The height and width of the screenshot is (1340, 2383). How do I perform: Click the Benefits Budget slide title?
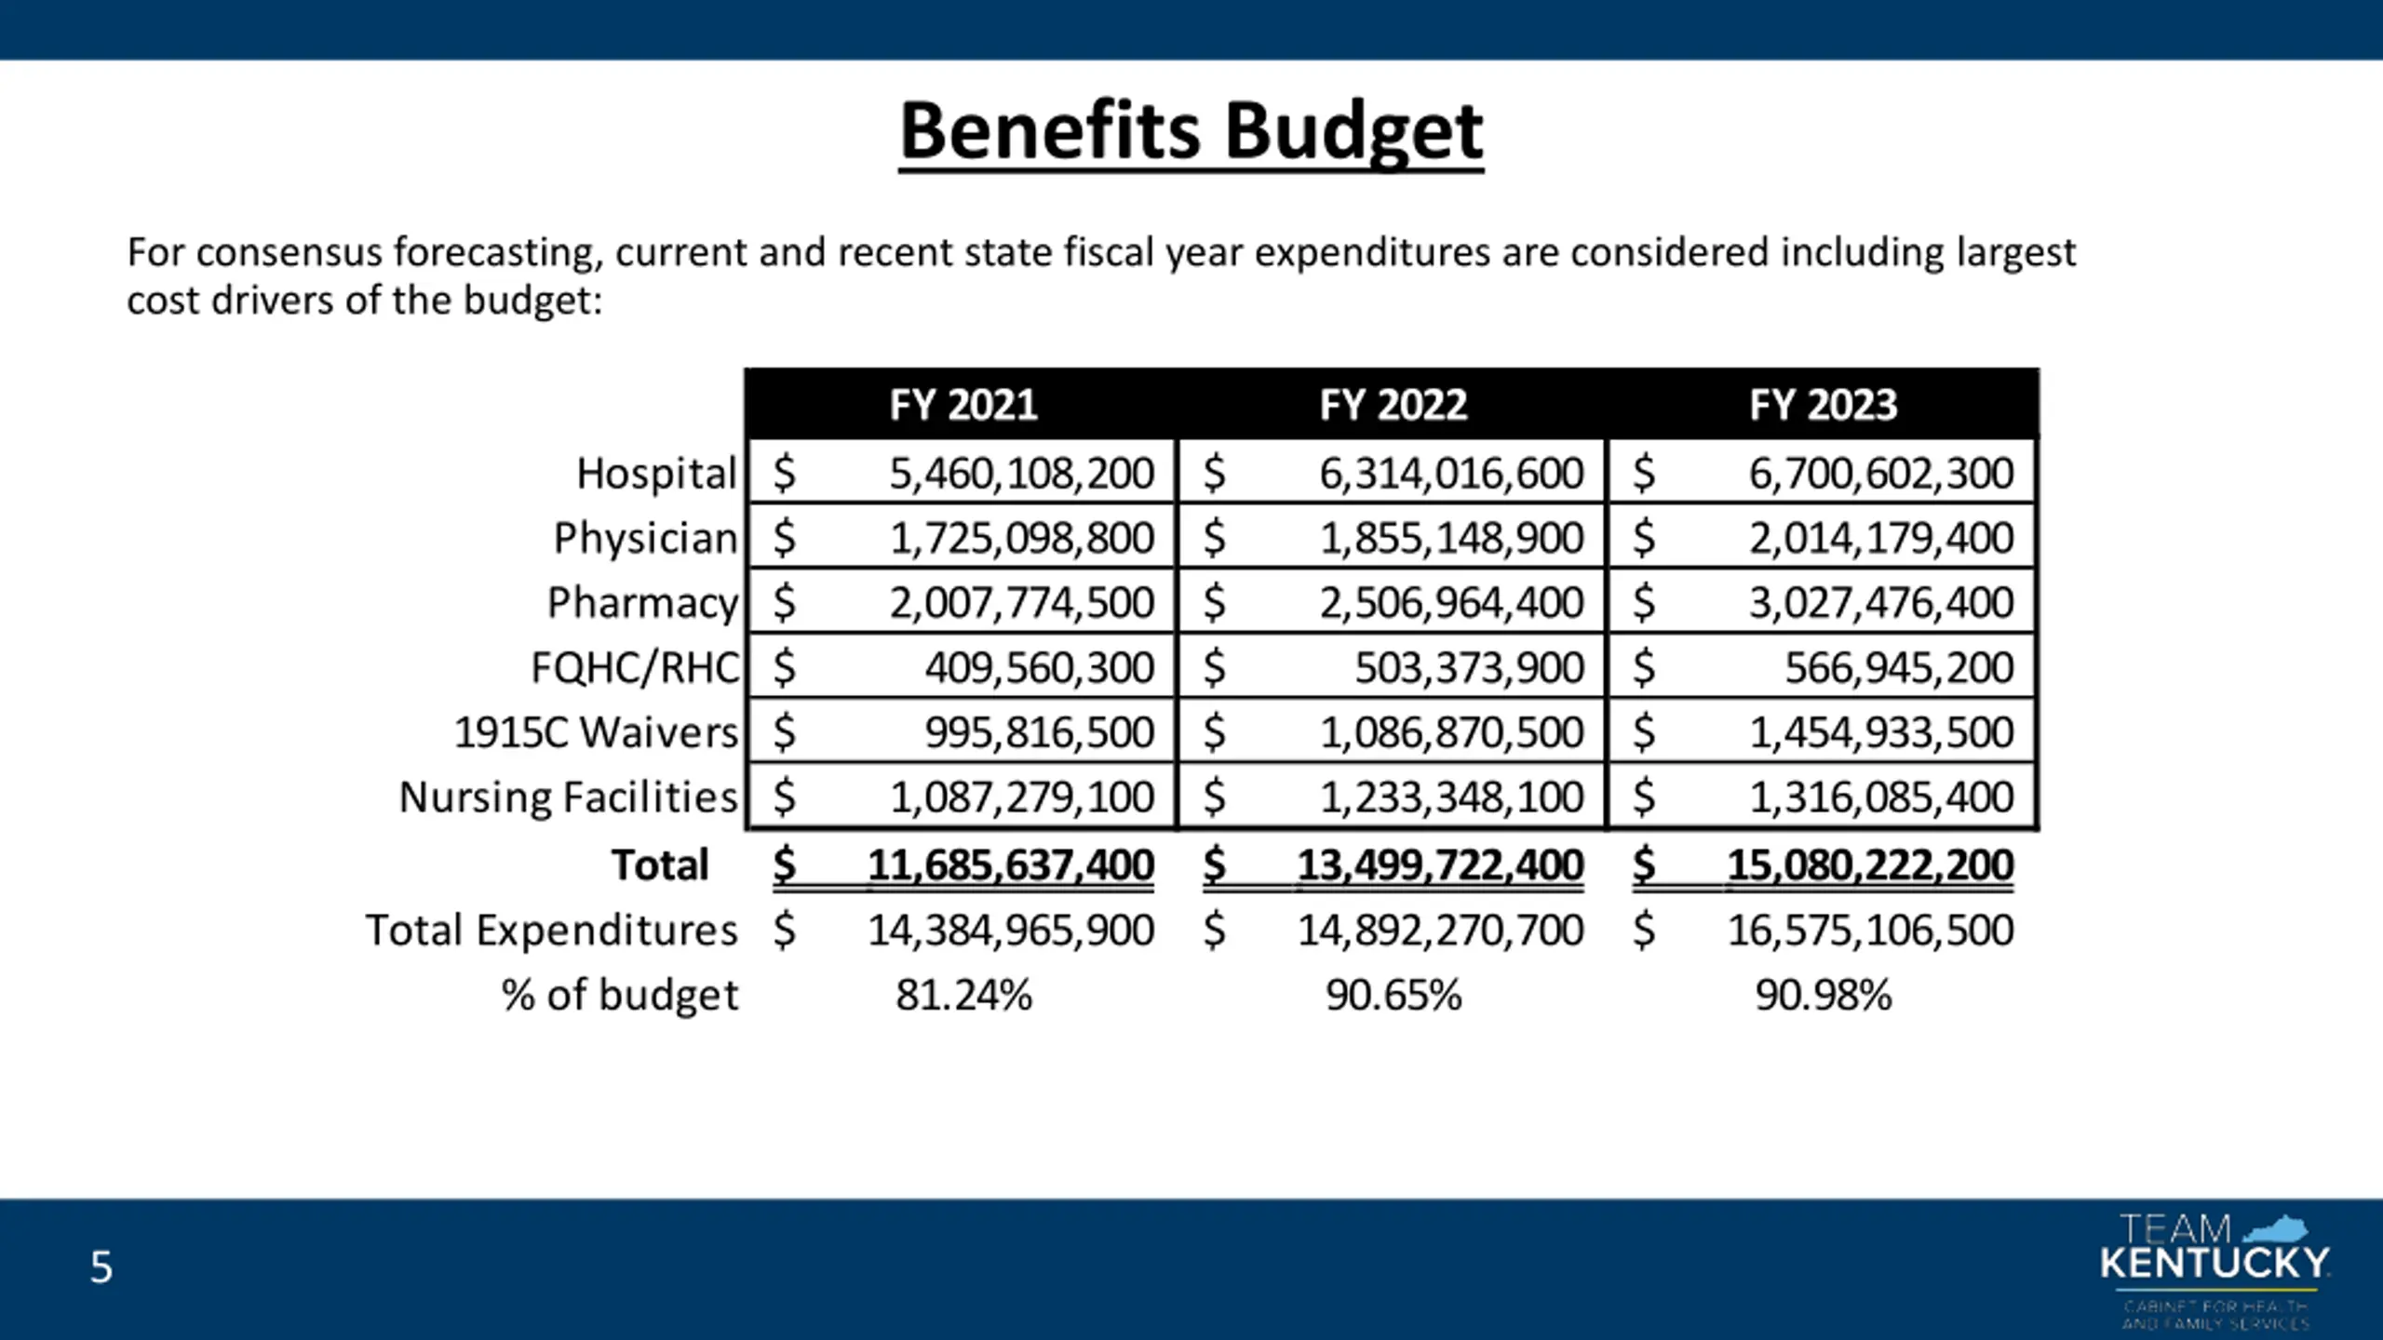point(1191,133)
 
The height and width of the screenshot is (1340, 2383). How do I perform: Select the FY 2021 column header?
point(963,405)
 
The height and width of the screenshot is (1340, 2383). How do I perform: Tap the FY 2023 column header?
point(1823,405)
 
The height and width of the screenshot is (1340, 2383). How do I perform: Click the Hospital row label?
point(656,474)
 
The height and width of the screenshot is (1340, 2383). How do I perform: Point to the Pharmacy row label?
point(642,603)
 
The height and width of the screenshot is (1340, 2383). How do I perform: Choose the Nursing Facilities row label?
point(568,797)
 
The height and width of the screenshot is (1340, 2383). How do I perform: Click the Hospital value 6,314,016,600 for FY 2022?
point(1450,474)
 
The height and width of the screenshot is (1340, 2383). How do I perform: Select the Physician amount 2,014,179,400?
point(1880,538)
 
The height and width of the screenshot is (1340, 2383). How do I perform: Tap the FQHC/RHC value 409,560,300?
point(1039,668)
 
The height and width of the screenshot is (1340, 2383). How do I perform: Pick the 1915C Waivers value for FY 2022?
point(1450,733)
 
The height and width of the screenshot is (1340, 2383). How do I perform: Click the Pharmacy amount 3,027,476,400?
point(1880,603)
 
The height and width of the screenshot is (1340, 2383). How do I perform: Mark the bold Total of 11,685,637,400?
point(1010,865)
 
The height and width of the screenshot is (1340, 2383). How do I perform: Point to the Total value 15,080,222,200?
point(1869,865)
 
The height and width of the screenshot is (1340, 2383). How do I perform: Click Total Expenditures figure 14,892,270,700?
point(1440,931)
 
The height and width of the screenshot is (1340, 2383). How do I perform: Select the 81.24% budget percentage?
point(963,996)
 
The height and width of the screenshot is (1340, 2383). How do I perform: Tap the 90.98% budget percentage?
point(1823,996)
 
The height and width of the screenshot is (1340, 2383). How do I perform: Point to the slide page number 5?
point(101,1268)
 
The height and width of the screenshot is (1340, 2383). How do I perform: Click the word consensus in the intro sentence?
point(289,253)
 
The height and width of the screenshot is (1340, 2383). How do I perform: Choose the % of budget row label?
point(619,996)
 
